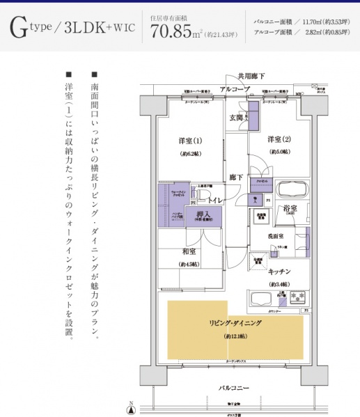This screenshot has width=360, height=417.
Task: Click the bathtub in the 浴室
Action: tap(292, 190)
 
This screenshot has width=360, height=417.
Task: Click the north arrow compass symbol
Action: tap(131, 406)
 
